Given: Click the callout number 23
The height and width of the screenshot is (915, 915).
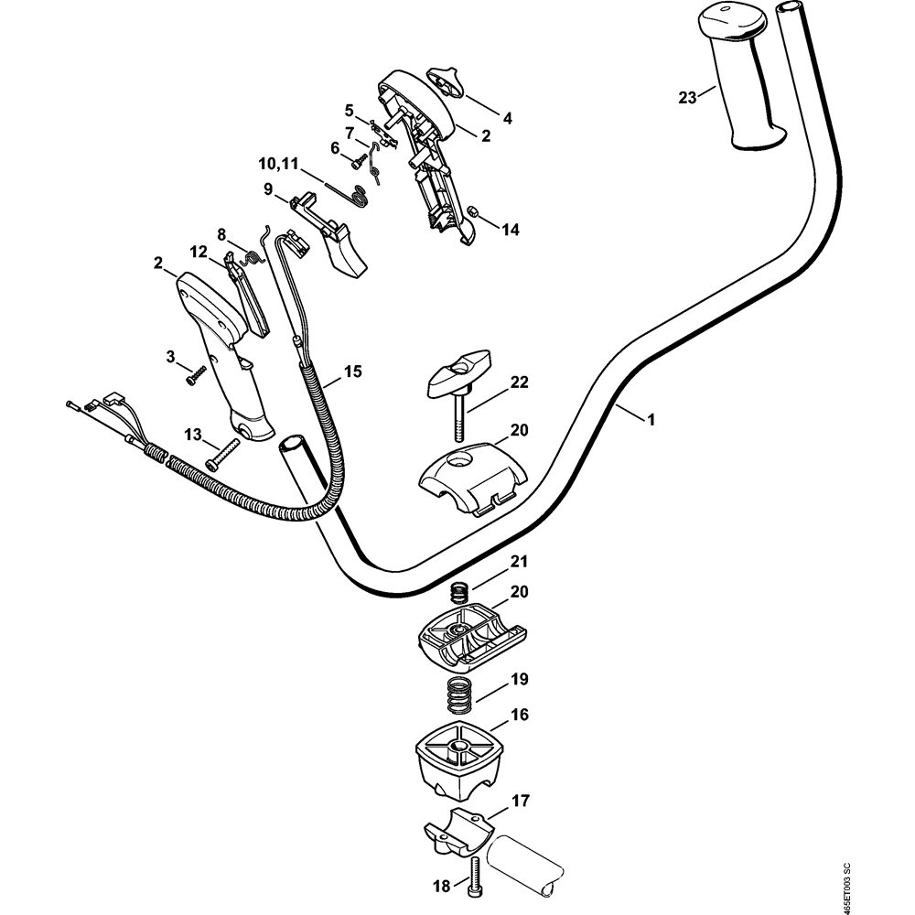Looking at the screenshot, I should [688, 96].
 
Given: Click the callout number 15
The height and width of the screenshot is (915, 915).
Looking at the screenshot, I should [353, 371].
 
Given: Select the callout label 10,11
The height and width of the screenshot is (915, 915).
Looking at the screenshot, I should [278, 165].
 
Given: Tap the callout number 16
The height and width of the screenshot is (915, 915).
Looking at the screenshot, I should [519, 715].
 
